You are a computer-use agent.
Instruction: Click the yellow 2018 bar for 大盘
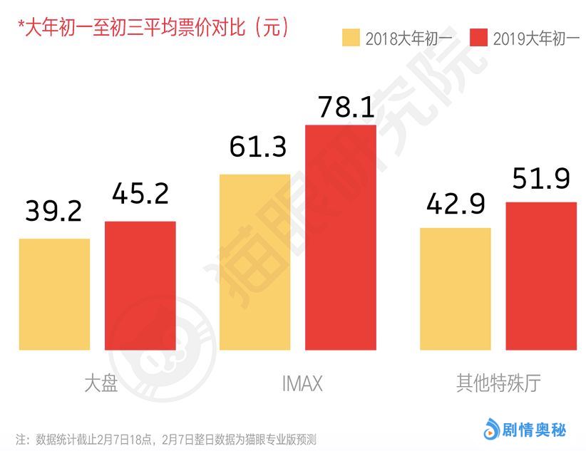click(54, 294)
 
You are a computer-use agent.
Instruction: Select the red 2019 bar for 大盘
click(140, 285)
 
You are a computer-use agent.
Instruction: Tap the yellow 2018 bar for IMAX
click(255, 261)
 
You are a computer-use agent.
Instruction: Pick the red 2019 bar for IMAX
click(340, 237)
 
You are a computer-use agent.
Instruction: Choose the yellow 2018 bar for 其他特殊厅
click(455, 289)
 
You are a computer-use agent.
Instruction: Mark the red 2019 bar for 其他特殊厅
click(540, 276)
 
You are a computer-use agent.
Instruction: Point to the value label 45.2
click(140, 192)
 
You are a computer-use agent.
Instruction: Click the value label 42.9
click(456, 203)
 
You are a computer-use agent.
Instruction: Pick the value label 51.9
click(541, 177)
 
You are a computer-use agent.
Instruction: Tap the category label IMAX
click(297, 384)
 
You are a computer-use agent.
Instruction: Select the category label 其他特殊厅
click(498, 383)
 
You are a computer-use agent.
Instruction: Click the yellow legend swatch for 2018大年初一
click(351, 38)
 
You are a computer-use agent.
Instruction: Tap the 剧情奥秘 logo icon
click(491, 430)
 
